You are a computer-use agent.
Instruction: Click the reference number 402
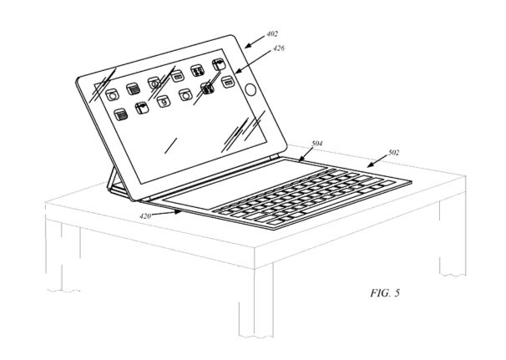click(x=272, y=34)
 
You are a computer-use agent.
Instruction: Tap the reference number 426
click(x=279, y=48)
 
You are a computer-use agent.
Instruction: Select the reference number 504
click(x=317, y=144)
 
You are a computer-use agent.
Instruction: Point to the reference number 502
click(x=393, y=152)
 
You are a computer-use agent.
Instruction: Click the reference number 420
click(x=145, y=216)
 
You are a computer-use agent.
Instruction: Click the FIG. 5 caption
click(x=385, y=293)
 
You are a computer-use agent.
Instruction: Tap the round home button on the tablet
click(x=250, y=89)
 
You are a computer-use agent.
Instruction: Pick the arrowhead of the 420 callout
click(x=178, y=212)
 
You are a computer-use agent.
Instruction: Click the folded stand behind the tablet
click(x=113, y=180)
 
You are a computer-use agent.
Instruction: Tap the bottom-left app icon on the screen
click(x=121, y=114)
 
